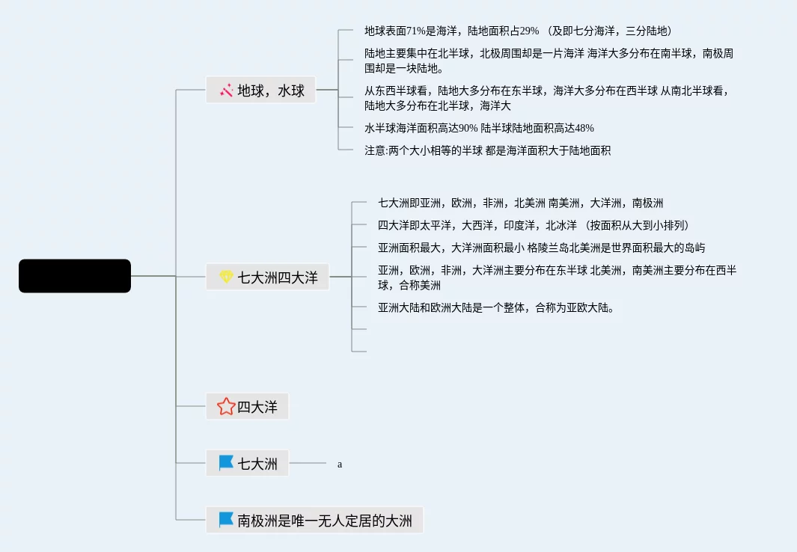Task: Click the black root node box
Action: tap(75, 276)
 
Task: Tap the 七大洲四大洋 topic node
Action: tap(267, 277)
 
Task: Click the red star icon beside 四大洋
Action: tap(226, 407)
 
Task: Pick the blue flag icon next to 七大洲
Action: tap(226, 464)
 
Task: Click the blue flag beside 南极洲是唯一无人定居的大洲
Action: tap(226, 520)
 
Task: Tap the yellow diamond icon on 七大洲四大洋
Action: tap(226, 277)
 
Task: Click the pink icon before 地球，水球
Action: tap(226, 91)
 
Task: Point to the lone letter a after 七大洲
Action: tap(340, 464)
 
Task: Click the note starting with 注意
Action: tap(487, 150)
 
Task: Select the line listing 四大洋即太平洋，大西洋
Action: tap(533, 225)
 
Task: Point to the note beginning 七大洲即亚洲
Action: tap(520, 203)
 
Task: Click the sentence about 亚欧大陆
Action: tap(496, 307)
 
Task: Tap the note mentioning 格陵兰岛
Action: tap(541, 248)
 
